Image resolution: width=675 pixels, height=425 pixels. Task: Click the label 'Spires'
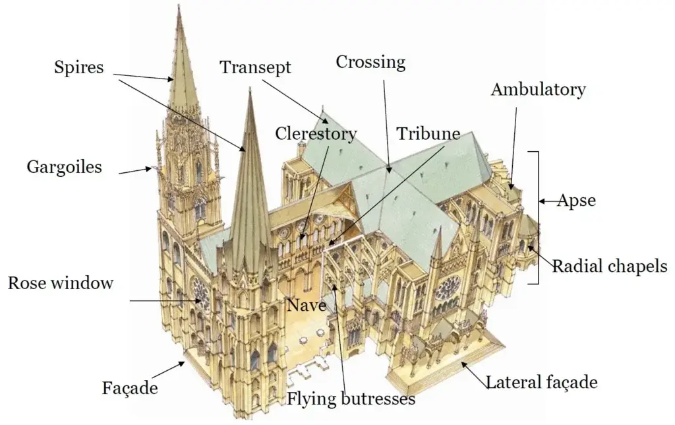[79, 67]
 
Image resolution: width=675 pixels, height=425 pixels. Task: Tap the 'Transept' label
[256, 67]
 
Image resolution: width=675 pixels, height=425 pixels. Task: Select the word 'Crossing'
[370, 63]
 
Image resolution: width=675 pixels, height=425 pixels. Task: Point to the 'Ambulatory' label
[538, 90]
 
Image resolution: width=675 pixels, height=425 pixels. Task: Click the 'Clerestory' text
[316, 134]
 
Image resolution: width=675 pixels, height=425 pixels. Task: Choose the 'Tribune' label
[428, 133]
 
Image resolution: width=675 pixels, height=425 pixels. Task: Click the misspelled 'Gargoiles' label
[65, 167]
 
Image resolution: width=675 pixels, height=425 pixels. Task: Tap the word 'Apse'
[577, 201]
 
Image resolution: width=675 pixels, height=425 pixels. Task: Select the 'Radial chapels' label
[609, 267]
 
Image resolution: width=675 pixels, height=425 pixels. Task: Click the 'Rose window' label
[61, 284]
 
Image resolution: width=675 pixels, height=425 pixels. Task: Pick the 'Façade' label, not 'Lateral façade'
[130, 387]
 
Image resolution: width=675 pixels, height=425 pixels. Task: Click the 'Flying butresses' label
[351, 399]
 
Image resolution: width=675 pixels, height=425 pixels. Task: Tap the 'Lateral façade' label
[541, 382]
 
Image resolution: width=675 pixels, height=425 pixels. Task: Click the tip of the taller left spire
[179, 7]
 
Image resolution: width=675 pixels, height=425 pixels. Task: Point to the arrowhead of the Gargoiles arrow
[150, 169]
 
